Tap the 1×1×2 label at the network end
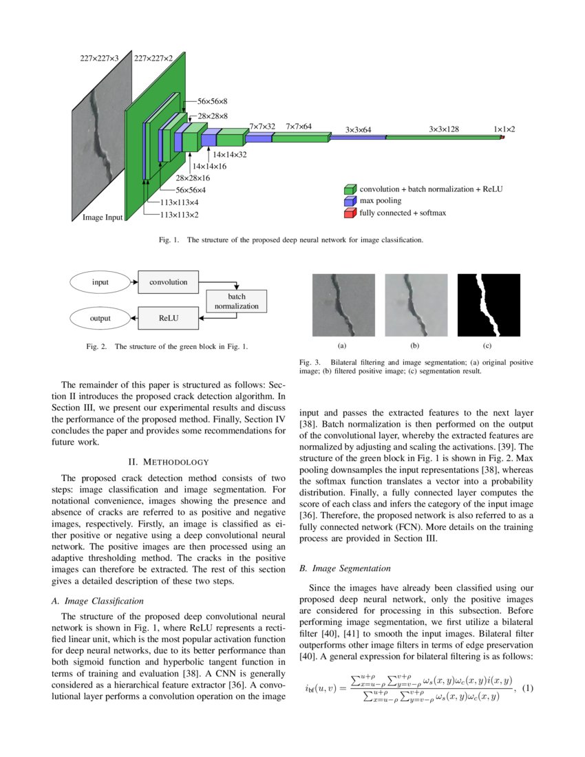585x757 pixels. [x=504, y=129]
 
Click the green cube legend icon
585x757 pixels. [x=350, y=189]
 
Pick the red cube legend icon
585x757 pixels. [x=350, y=213]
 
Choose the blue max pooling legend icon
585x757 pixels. [x=350, y=201]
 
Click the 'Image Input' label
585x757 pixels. [x=102, y=217]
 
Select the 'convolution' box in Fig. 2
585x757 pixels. [x=169, y=281]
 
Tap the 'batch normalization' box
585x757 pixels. [x=236, y=301]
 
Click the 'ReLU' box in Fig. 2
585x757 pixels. [x=169, y=319]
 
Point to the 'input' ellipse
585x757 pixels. [x=100, y=281]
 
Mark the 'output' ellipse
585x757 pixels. [x=100, y=319]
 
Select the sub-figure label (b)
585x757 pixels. [x=414, y=345]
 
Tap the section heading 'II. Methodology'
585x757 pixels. [x=169, y=461]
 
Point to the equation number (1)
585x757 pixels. [x=528, y=688]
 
